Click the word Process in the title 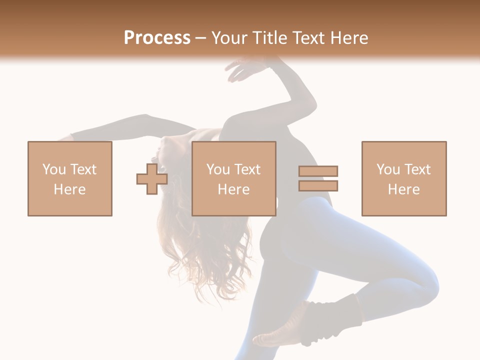click(157, 38)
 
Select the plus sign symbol click(152, 179)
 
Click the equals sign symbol click(318, 178)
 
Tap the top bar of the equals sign click(318, 171)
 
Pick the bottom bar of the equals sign click(318, 185)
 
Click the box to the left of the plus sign click(70, 178)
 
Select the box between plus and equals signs click(234, 178)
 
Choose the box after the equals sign click(404, 178)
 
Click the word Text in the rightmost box click(416, 169)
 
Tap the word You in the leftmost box click(53, 169)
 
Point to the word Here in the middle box click(234, 189)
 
